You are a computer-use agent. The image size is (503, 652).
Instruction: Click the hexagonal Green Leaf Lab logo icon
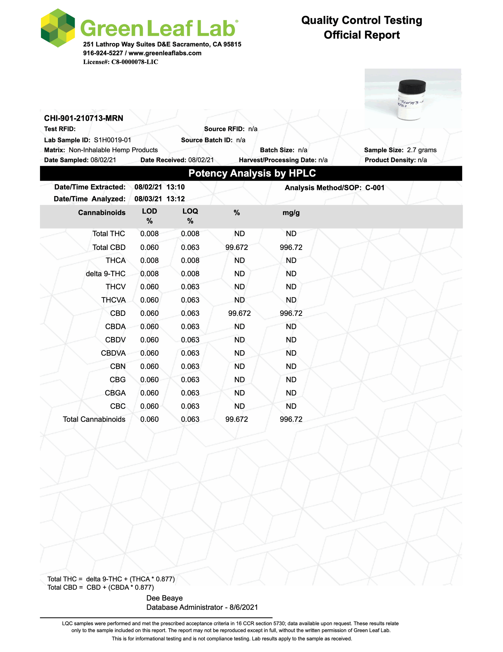tap(58, 28)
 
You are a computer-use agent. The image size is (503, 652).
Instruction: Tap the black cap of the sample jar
tap(412, 86)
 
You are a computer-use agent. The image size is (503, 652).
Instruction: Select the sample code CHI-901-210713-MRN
tap(83, 118)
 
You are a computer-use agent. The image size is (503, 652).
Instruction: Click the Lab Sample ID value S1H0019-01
tap(112, 140)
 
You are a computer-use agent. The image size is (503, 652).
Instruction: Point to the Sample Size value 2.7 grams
tap(421, 150)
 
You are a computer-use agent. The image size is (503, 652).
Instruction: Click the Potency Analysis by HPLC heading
tap(252, 173)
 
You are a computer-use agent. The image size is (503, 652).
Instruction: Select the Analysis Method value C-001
tap(374, 188)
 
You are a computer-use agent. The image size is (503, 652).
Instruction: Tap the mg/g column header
tap(291, 213)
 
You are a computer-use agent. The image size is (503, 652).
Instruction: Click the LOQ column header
tap(190, 211)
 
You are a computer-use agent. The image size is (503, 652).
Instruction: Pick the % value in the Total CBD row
tap(237, 248)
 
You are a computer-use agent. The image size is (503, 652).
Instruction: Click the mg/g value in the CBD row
tap(291, 313)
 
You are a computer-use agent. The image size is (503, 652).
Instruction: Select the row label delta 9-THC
tap(106, 274)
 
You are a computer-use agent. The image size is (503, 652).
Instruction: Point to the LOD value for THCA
tap(149, 261)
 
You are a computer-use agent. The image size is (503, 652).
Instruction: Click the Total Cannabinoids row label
tap(94, 419)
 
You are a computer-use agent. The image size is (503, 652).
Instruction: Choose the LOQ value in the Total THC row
tap(190, 234)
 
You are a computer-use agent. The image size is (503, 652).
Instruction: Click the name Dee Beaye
tap(164, 598)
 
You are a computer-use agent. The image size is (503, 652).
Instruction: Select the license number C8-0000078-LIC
tap(135, 62)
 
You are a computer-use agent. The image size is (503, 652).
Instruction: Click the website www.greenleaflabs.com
tap(165, 53)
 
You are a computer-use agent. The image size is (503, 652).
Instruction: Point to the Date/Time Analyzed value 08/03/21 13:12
tap(160, 199)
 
